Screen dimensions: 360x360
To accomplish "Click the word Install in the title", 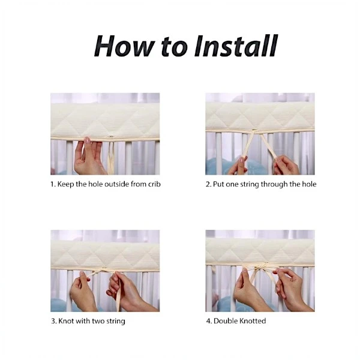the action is pyautogui.click(x=236, y=46).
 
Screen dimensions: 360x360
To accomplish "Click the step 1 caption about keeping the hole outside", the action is pyautogui.click(x=106, y=184).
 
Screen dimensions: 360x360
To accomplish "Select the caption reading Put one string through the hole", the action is pyautogui.click(x=261, y=184).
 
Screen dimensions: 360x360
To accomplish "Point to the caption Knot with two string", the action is pyautogui.click(x=88, y=321).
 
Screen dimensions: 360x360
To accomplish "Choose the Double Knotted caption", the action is pyautogui.click(x=236, y=321).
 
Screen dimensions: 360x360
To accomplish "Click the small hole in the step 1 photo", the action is pyautogui.click(x=112, y=137).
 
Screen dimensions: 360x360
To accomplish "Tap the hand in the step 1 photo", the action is pyautogui.click(x=89, y=156).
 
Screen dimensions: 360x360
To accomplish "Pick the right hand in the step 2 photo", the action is pyautogui.click(x=287, y=165).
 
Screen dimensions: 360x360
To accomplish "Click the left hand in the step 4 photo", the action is pyautogui.click(x=251, y=292).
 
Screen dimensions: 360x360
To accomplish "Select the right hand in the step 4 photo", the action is pyautogui.click(x=292, y=290).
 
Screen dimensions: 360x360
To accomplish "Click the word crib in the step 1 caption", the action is pyautogui.click(x=154, y=184).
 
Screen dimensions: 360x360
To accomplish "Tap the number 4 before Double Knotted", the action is pyautogui.click(x=208, y=321).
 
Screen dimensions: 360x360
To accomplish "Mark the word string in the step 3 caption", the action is pyautogui.click(x=115, y=321).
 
